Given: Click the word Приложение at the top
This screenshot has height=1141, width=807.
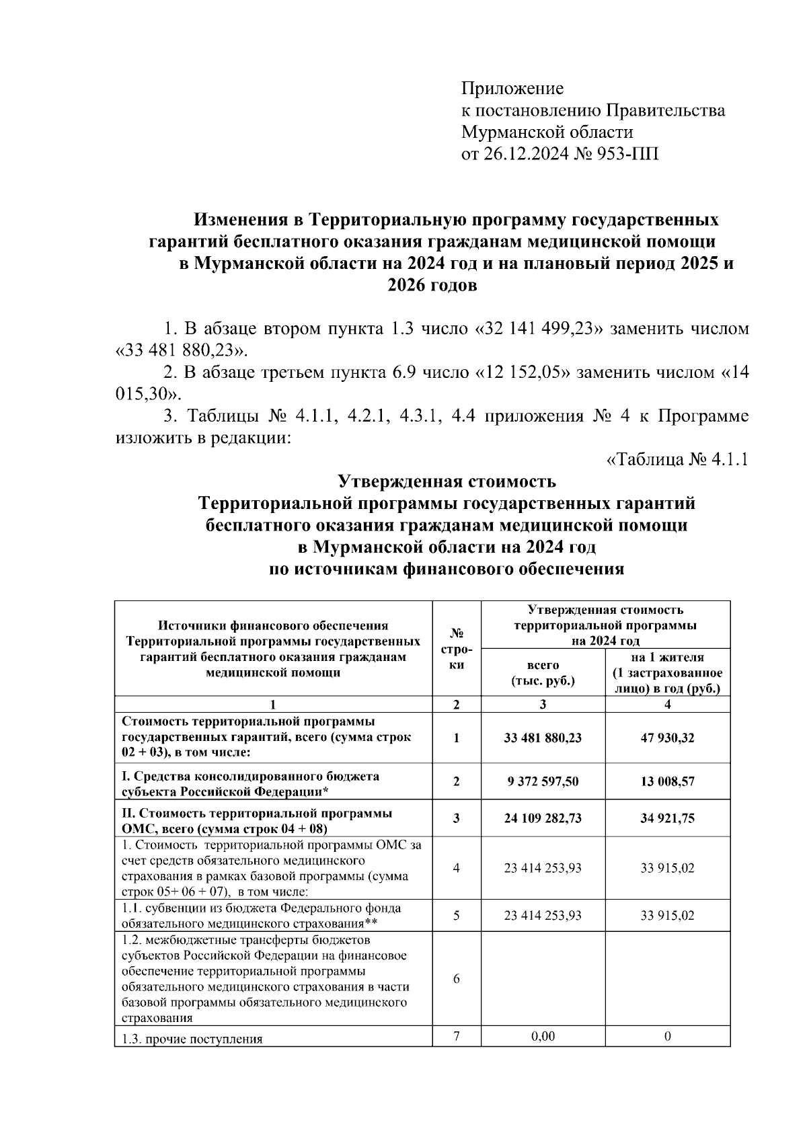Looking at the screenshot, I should [512, 89].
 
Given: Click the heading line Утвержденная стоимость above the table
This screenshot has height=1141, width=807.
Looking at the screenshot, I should [446, 482].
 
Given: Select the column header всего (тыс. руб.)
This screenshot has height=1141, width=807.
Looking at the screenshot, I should [543, 673].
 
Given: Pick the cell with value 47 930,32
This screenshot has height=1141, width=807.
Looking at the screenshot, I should [667, 738].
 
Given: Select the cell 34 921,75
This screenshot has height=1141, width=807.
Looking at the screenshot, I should [667, 818].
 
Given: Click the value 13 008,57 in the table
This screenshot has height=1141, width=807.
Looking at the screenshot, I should [667, 781].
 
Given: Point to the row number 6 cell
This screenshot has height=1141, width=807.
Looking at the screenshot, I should [457, 978].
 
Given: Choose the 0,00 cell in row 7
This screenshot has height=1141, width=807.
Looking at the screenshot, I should [543, 1036].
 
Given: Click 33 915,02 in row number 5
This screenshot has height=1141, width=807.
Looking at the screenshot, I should [667, 915].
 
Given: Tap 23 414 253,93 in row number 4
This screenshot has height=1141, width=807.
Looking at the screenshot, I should [543, 868].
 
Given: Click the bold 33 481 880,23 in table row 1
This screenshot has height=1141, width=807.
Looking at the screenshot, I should [543, 738].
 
